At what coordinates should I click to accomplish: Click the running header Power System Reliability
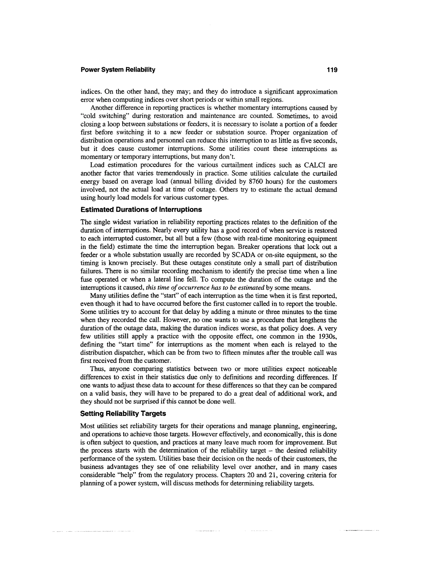tap(118, 70)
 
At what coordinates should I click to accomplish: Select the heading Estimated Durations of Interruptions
tap(141, 210)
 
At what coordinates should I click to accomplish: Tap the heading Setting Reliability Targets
tap(123, 414)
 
